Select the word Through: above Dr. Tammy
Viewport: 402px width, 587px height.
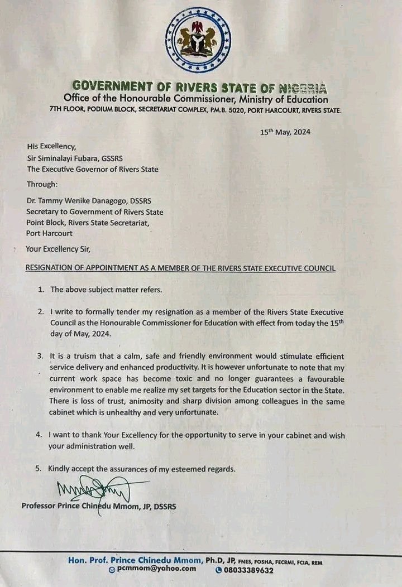tap(42, 184)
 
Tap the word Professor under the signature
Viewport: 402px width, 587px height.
tap(40, 506)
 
